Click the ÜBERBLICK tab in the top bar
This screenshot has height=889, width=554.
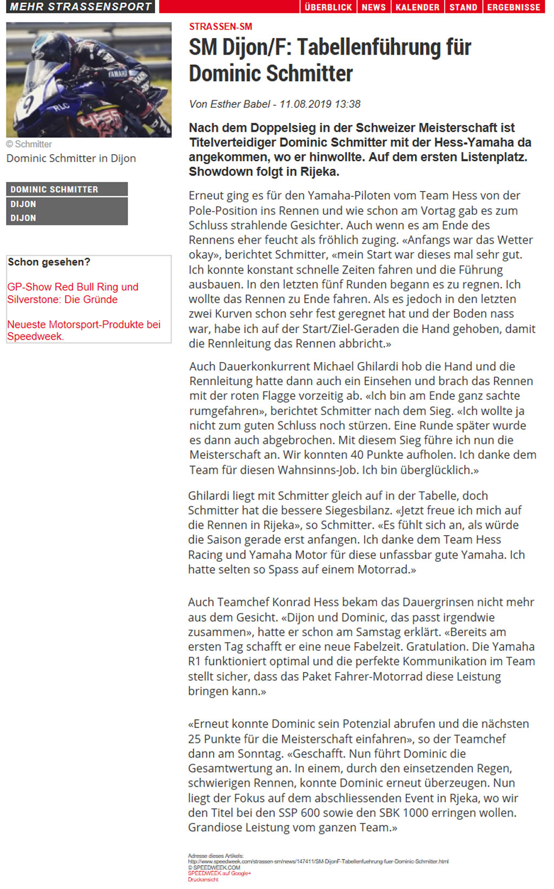(328, 7)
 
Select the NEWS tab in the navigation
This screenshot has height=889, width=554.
(373, 7)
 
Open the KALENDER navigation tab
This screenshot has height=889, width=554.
(417, 7)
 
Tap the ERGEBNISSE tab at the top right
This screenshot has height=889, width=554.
(513, 7)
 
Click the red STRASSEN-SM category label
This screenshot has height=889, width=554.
(220, 27)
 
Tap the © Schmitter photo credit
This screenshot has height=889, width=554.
(29, 144)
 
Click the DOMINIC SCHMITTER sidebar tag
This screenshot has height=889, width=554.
(54, 189)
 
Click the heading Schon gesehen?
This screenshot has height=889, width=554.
(49, 262)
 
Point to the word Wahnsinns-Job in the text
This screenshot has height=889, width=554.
(318, 470)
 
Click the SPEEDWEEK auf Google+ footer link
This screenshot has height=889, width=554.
(219, 873)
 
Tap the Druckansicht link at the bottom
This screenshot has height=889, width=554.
(203, 880)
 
